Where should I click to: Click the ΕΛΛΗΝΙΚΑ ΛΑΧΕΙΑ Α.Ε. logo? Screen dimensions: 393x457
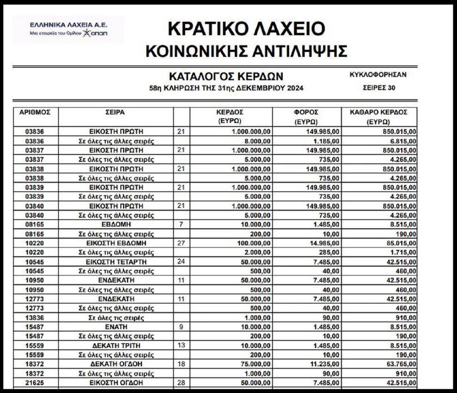click(x=68, y=29)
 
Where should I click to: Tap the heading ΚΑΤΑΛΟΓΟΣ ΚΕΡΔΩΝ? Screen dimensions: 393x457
click(x=225, y=76)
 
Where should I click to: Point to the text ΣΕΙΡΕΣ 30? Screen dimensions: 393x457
click(x=379, y=87)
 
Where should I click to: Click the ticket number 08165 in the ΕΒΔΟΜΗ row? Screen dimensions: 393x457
click(x=35, y=224)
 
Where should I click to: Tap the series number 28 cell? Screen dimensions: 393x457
click(x=181, y=383)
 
